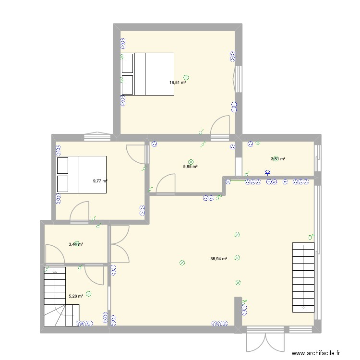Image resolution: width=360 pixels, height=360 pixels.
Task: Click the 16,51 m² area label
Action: point(177,83)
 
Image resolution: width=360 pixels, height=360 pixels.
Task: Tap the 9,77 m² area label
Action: point(100,181)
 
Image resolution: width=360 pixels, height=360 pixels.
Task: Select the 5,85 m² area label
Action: point(191,167)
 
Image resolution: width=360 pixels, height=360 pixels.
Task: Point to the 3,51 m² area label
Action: point(278,159)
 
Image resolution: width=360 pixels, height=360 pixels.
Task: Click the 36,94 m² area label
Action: point(218,258)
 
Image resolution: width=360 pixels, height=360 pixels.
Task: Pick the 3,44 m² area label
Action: point(76,244)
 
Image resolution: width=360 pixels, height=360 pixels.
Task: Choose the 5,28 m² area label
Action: point(76,296)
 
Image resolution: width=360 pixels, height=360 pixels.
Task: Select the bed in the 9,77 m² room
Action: point(81,174)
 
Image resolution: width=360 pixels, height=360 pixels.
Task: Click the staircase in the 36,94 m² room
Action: point(303,276)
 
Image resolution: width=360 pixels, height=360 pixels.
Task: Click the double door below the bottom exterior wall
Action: point(264,341)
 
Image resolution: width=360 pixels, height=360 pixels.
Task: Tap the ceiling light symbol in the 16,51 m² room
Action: point(186,77)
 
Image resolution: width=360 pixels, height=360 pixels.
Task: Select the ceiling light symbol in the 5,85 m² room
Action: point(191,162)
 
